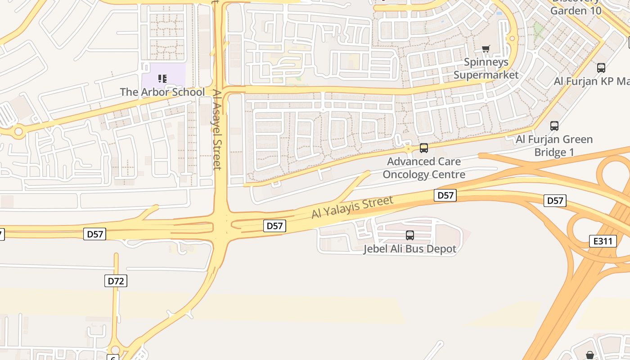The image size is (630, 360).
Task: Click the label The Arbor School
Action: [x=162, y=92]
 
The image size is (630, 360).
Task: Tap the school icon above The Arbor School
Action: [x=162, y=79]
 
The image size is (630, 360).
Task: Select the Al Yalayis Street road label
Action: [x=352, y=207]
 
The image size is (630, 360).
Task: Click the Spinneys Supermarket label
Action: [x=486, y=68]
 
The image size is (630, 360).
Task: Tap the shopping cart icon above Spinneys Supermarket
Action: [x=486, y=49]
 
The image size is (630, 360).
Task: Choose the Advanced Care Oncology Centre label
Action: [x=423, y=168]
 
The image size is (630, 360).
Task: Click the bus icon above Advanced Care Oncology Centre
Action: [x=423, y=148]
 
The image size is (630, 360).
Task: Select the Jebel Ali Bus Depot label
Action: [x=409, y=249]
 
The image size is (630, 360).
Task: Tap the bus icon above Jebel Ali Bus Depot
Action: [x=409, y=235]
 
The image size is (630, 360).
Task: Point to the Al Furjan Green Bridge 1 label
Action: [x=554, y=145]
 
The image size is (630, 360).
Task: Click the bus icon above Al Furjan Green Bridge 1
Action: [x=554, y=126]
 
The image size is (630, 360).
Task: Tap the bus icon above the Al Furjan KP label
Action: [x=601, y=68]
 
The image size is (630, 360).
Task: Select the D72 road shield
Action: [x=116, y=281]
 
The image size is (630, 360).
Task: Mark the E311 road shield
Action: [x=603, y=241]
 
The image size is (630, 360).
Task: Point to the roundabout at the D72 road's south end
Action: [x=115, y=350]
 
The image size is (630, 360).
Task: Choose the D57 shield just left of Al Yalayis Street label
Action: [x=274, y=226]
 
